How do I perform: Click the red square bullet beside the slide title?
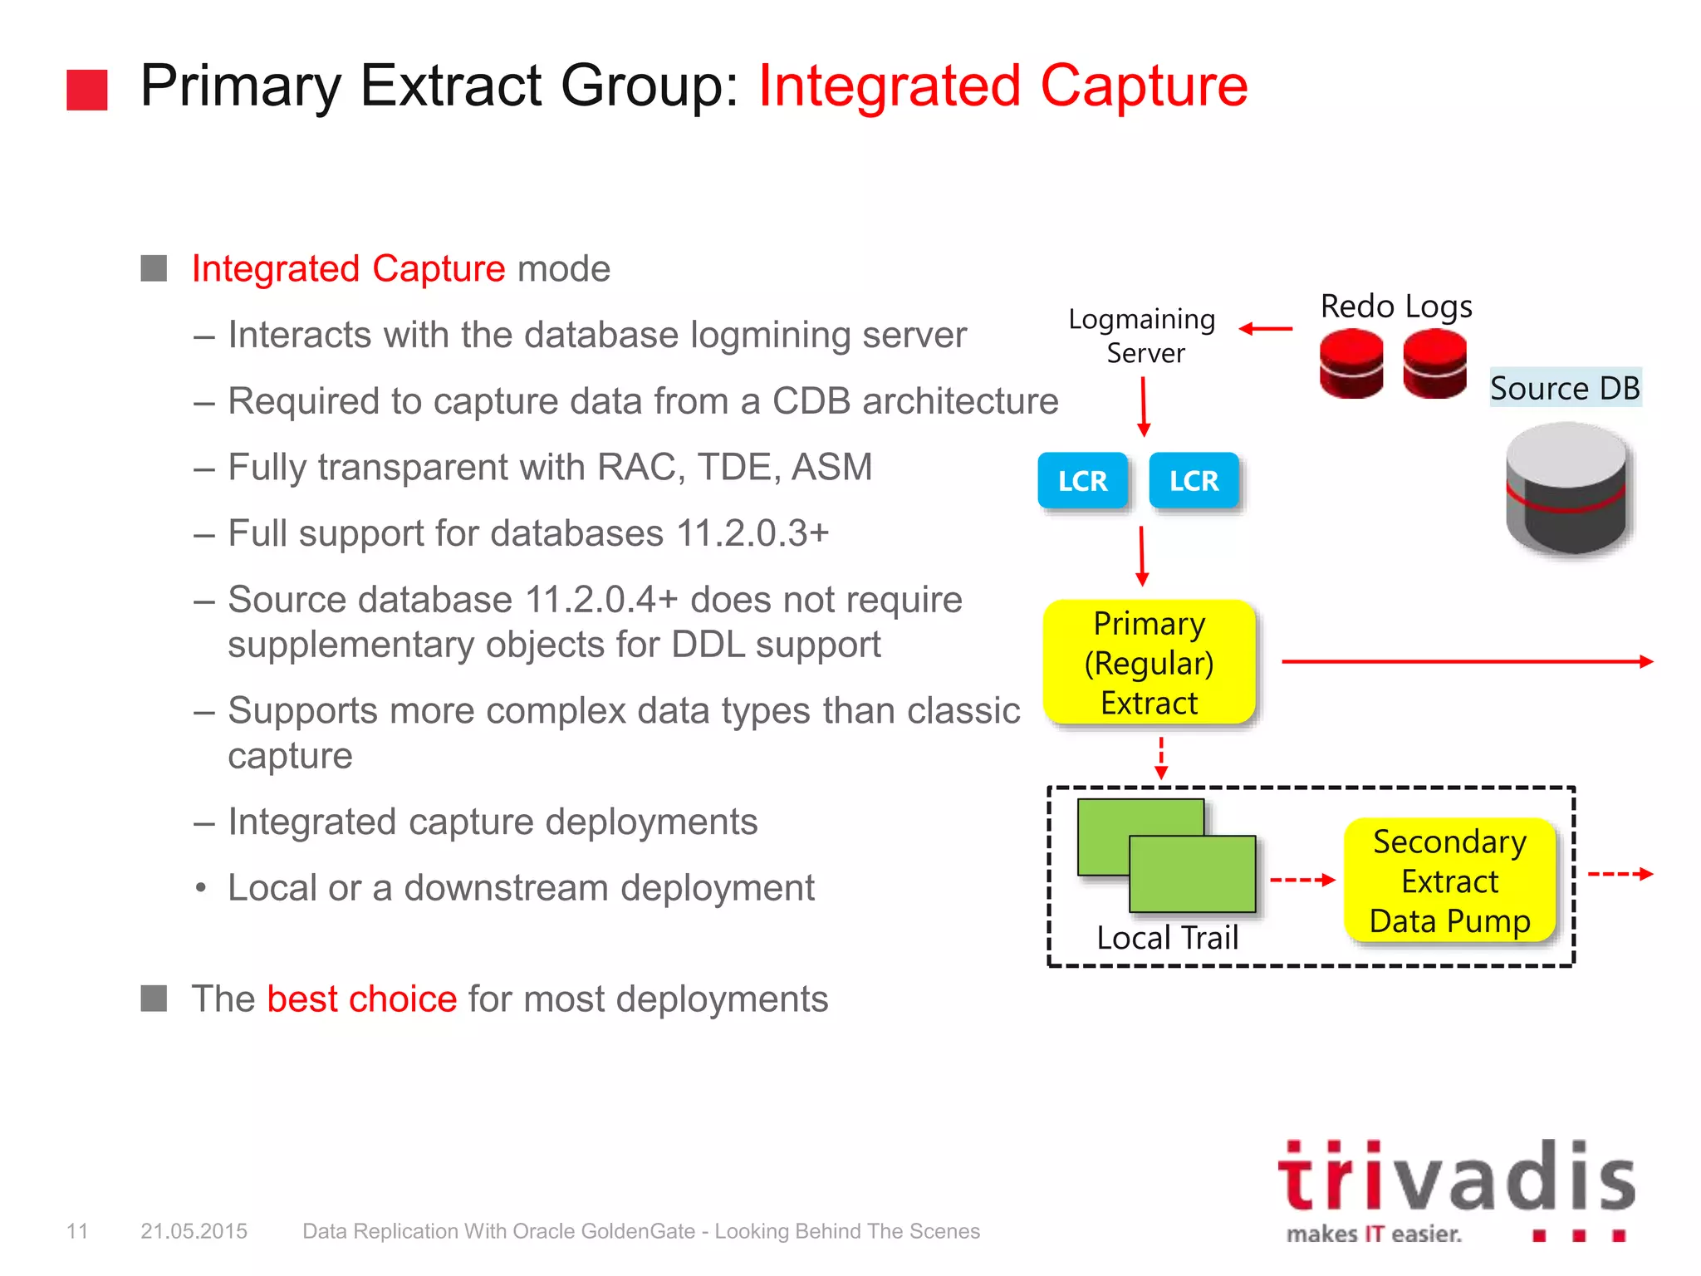click(87, 90)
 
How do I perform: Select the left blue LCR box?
click(1082, 480)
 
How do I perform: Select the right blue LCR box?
click(1194, 480)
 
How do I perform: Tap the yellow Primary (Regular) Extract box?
click(1149, 662)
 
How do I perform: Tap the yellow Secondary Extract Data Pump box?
click(1449, 881)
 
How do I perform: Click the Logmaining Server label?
click(1142, 336)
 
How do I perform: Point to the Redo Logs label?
click(1396, 307)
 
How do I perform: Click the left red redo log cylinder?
click(1351, 363)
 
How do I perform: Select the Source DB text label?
click(1565, 388)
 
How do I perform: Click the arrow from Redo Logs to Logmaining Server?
click(1265, 329)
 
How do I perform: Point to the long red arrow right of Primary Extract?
click(1467, 661)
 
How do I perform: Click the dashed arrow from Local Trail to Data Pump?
click(1301, 879)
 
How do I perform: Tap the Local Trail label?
click(1167, 938)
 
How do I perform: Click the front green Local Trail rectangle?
click(1193, 874)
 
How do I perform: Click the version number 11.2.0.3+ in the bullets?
click(752, 533)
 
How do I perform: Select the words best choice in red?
click(361, 999)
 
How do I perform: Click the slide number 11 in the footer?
click(77, 1231)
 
